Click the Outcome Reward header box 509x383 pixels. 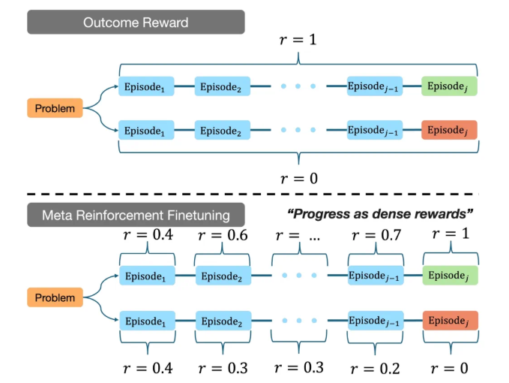click(x=136, y=22)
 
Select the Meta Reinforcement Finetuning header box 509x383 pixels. click(x=136, y=216)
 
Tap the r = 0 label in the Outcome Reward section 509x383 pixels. click(x=298, y=178)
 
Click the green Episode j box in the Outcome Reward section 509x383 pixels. click(x=449, y=87)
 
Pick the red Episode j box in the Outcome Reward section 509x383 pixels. click(x=449, y=130)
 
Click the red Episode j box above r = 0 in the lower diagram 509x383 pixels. click(x=449, y=321)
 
